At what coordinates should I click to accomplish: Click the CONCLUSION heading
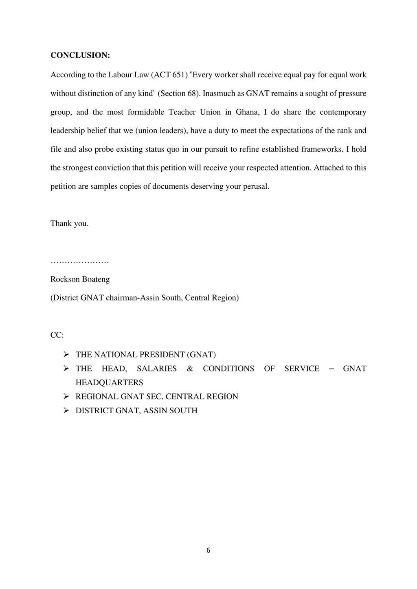pos(80,55)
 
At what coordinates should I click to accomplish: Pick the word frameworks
pos(322,149)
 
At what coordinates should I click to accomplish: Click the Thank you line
pos(69,223)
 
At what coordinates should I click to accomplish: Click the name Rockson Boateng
pos(80,279)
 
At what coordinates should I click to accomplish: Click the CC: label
pos(57,335)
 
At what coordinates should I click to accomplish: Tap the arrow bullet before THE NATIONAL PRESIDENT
pos(66,355)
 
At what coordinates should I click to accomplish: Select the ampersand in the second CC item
pos(190,369)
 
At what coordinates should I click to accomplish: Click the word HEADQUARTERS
pos(109,383)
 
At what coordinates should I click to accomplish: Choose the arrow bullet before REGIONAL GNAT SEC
pos(66,397)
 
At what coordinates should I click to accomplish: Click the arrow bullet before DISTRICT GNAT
pos(66,410)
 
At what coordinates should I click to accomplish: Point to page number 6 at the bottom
pos(208,551)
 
